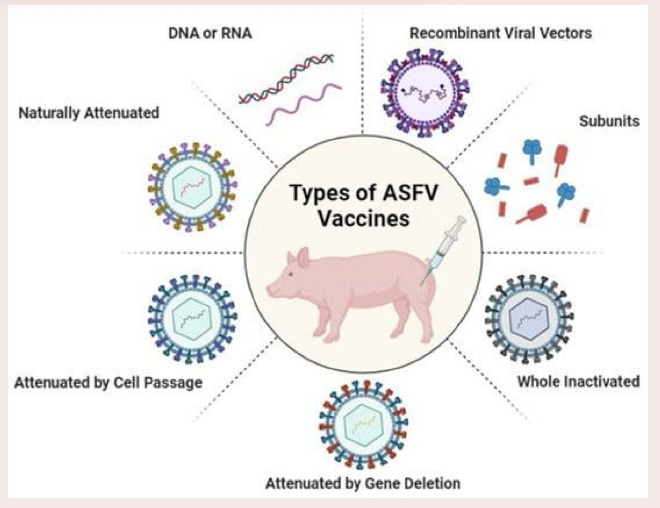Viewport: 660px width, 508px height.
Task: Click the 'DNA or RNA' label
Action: pyautogui.click(x=209, y=33)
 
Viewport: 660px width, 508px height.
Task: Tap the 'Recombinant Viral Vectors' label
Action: pyautogui.click(x=501, y=33)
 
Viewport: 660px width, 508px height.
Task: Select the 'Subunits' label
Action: pyautogui.click(x=609, y=121)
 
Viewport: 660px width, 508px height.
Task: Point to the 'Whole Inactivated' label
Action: pyautogui.click(x=578, y=382)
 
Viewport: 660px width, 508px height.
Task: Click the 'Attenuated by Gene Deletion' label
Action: pyautogui.click(x=363, y=483)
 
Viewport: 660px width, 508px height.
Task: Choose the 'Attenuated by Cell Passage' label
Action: pyautogui.click(x=108, y=383)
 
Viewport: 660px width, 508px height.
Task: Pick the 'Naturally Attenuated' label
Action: pyautogui.click(x=89, y=113)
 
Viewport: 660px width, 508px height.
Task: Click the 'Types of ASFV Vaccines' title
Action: pyautogui.click(x=363, y=205)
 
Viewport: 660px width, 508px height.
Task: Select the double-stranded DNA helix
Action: pyautogui.click(x=286, y=79)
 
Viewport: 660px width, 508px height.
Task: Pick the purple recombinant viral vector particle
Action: pyautogui.click(x=425, y=92)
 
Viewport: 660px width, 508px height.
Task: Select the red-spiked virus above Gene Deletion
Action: pyautogui.click(x=363, y=424)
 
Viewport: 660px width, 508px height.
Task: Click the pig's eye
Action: pyautogui.click(x=291, y=275)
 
